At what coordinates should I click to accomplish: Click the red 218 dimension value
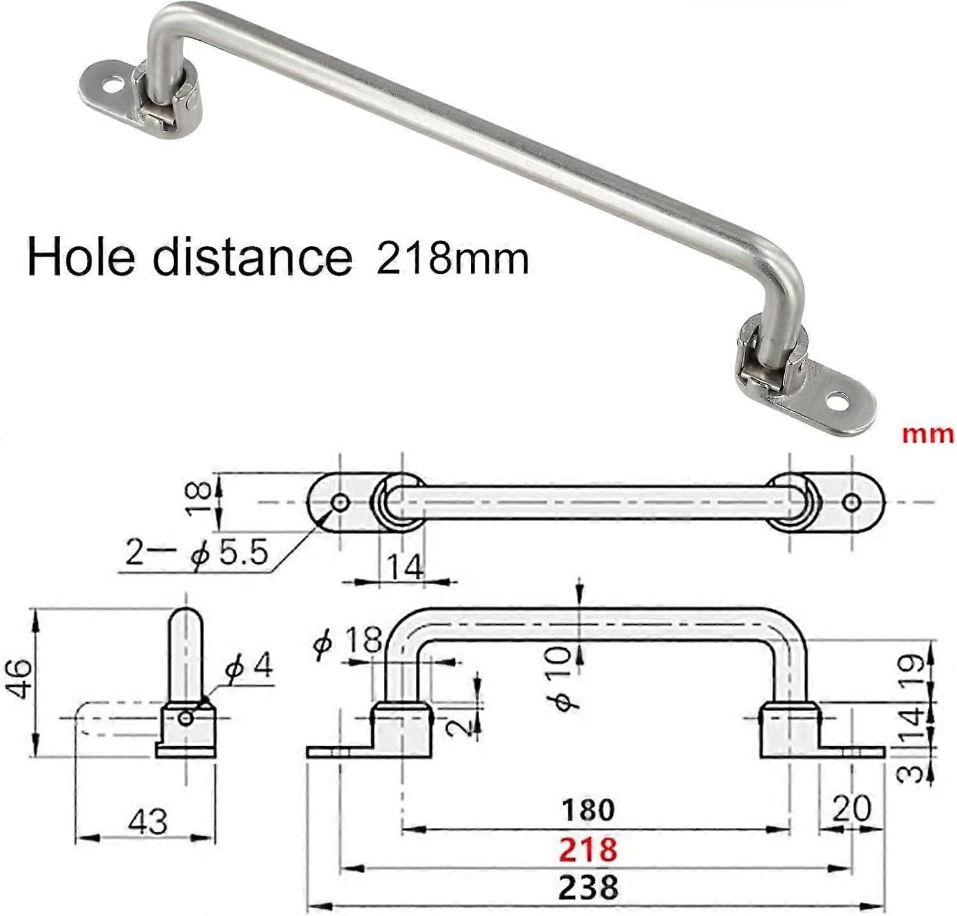(x=588, y=850)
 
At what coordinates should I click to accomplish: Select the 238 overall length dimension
(x=588, y=887)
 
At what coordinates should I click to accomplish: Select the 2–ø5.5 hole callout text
(x=197, y=553)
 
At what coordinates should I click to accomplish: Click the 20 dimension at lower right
(x=851, y=809)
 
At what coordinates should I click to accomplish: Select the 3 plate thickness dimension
(x=914, y=774)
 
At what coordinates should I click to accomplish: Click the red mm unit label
(x=928, y=435)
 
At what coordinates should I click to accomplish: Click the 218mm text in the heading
(x=452, y=259)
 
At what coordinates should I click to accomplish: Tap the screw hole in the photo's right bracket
(x=836, y=402)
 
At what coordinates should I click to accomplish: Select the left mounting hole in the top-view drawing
(x=340, y=503)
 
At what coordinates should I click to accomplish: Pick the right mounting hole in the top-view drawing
(x=850, y=503)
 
